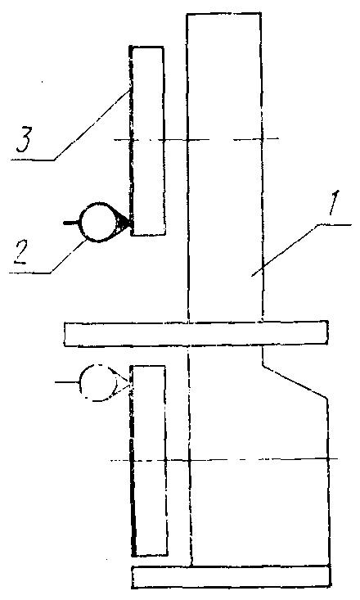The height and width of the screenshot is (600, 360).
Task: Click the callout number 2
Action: (x=20, y=254)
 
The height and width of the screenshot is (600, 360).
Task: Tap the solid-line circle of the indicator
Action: (x=99, y=223)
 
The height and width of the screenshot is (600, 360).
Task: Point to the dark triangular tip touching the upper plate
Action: (x=125, y=223)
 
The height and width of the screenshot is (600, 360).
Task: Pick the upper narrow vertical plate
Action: (x=147, y=141)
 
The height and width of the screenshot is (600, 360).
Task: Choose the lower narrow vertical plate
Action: (x=148, y=461)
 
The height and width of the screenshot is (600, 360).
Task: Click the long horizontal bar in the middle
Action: (x=196, y=334)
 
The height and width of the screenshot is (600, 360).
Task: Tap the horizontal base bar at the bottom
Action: (x=231, y=576)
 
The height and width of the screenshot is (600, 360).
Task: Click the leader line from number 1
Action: (x=301, y=250)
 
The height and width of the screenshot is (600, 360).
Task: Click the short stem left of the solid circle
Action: (x=71, y=223)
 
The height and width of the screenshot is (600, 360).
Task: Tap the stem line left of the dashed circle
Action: (x=67, y=382)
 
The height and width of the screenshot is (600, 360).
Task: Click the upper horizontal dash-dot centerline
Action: (x=196, y=139)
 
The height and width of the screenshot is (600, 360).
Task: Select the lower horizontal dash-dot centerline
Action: (x=224, y=459)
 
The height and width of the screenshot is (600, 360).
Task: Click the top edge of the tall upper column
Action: (x=224, y=13)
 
